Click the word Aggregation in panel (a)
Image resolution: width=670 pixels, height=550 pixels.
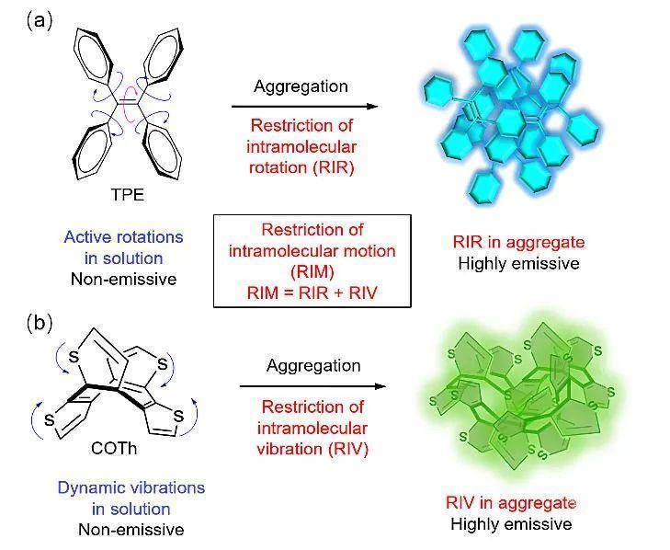coord(302,86)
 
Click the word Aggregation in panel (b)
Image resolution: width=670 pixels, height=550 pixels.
coord(313,365)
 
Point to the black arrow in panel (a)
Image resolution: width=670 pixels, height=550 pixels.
coord(303,107)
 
